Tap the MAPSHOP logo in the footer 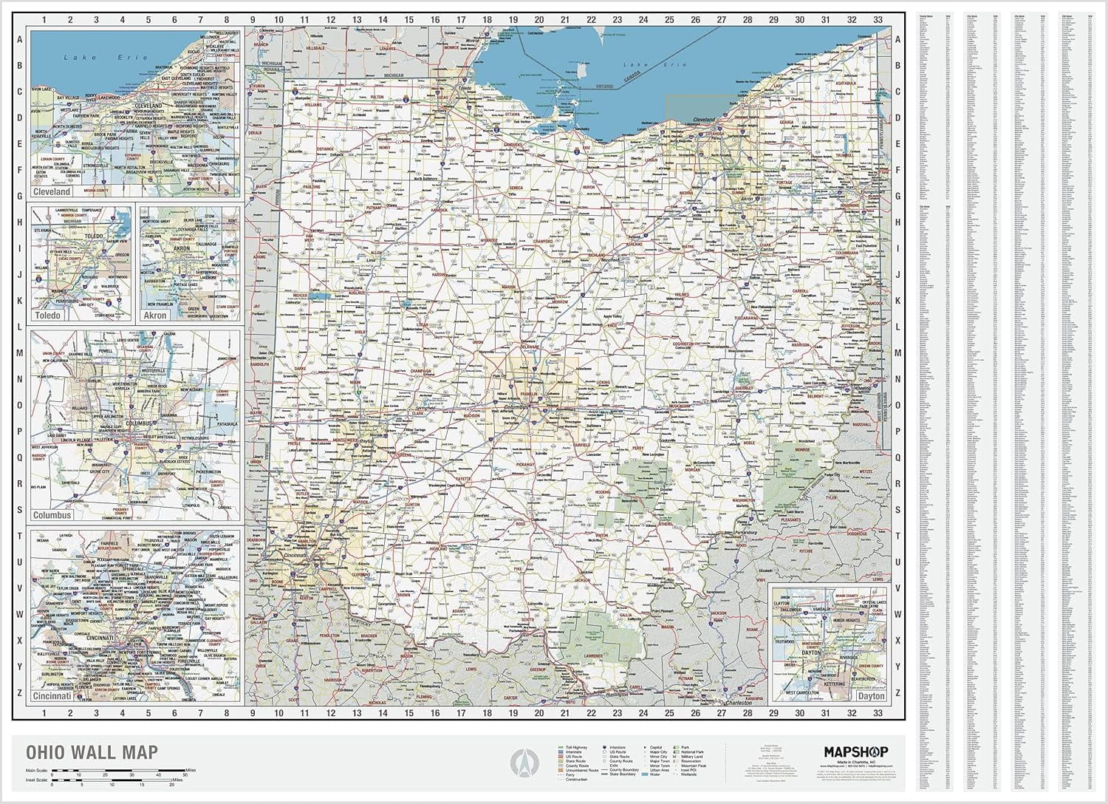tap(856, 752)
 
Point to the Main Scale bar tap(118, 772)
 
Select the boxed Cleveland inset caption tap(52, 191)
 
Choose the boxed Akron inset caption tap(155, 316)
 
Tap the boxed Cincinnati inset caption tap(52, 696)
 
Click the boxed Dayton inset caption tap(871, 696)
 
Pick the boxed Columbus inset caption tap(52, 514)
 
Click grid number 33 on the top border tap(878, 20)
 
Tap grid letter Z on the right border tap(897, 693)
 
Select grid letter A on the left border tap(20, 39)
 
